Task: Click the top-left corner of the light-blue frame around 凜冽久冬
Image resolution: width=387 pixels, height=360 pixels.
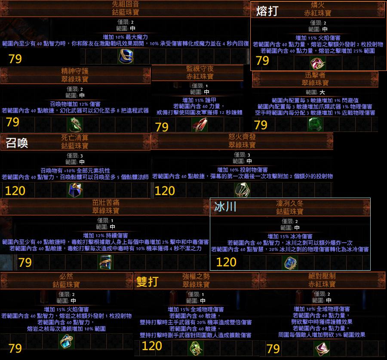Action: click(210, 198)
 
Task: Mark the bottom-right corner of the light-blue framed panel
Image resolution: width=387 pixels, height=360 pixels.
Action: click(370, 270)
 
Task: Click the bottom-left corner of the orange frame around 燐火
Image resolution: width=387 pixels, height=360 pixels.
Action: click(251, 71)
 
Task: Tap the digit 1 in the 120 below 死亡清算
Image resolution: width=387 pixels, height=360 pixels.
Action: click(7, 191)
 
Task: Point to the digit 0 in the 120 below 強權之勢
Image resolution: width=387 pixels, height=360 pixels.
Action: click(158, 346)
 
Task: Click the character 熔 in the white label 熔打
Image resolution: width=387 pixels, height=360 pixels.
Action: click(261, 11)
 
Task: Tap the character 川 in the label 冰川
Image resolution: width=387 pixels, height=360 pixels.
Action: click(231, 207)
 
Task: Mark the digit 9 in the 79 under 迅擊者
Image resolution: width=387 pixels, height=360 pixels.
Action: click(264, 125)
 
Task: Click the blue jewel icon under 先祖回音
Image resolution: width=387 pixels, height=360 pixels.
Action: click(126, 56)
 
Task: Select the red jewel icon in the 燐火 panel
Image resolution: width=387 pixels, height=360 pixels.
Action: click(318, 64)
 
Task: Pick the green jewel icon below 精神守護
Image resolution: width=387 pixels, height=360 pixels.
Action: click(75, 125)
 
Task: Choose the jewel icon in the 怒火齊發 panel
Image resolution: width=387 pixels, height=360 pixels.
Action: click(242, 190)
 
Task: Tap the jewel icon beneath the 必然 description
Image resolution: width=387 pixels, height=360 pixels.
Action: click(67, 341)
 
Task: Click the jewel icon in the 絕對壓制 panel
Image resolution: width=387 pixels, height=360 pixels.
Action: click(322, 349)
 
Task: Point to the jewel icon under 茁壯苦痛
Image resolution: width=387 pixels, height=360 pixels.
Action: click(106, 262)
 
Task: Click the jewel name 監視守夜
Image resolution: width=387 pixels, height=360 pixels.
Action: click(200, 69)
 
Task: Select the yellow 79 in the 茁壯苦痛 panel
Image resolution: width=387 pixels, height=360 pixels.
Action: click(25, 262)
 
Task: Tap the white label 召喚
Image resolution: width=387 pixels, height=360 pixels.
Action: click(17, 143)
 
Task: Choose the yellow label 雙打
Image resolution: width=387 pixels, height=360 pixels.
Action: click(147, 281)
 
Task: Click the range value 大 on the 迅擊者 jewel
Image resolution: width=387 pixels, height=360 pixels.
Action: click(322, 92)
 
